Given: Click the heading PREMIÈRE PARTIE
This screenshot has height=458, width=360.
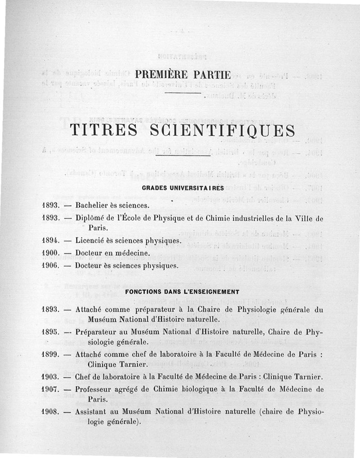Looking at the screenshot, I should (x=183, y=74).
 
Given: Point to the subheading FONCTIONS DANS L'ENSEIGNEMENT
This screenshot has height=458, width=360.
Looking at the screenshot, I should (x=182, y=292).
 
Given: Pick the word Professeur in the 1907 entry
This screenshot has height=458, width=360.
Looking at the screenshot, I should (x=95, y=389).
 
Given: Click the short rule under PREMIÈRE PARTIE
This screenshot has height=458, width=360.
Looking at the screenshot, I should (x=183, y=93).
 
